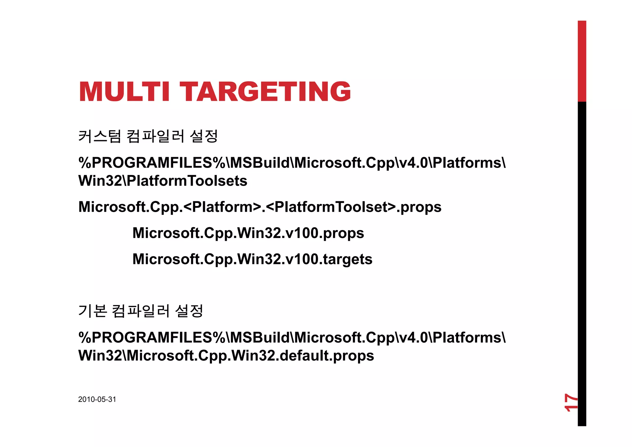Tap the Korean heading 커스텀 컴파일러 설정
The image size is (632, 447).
148,136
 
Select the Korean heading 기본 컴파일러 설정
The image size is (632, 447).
141,311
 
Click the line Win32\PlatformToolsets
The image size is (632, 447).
163,181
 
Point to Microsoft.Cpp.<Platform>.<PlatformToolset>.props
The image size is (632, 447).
260,207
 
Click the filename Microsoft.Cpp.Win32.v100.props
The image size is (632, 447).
248,233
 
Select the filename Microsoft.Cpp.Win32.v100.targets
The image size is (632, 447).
252,259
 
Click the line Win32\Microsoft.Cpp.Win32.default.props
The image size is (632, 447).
226,356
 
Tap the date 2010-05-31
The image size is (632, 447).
97,399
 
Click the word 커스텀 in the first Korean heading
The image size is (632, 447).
99,136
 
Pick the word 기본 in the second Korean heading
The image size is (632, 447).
92,311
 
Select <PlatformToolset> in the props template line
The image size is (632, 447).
331,207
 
